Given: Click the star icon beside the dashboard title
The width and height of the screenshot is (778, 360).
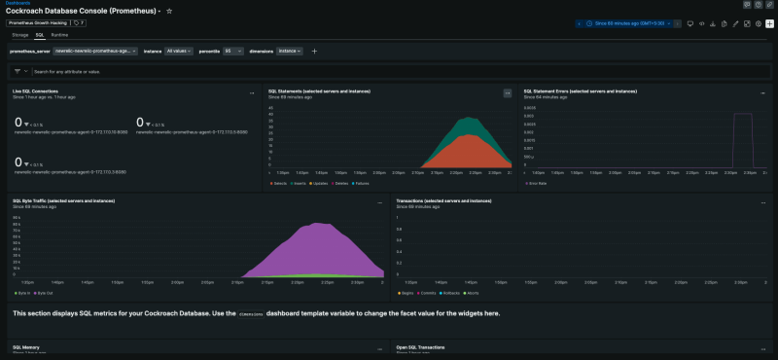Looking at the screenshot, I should (170, 11).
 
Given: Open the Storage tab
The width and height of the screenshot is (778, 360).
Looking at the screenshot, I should (20, 34).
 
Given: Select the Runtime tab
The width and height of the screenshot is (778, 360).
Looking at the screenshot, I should (60, 34).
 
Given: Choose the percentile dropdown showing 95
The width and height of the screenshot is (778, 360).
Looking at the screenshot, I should (233, 51).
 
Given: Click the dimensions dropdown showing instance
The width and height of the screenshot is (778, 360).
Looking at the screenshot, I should (290, 51).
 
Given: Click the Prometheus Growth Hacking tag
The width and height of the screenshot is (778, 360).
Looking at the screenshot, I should (39, 22).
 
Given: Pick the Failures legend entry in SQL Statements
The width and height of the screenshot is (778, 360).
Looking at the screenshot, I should (360, 182).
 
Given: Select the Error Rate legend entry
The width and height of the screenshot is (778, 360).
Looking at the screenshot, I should (536, 182).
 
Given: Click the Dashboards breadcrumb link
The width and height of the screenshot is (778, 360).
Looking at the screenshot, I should (17, 3).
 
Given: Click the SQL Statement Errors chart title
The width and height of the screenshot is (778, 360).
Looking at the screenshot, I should (580, 91).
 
